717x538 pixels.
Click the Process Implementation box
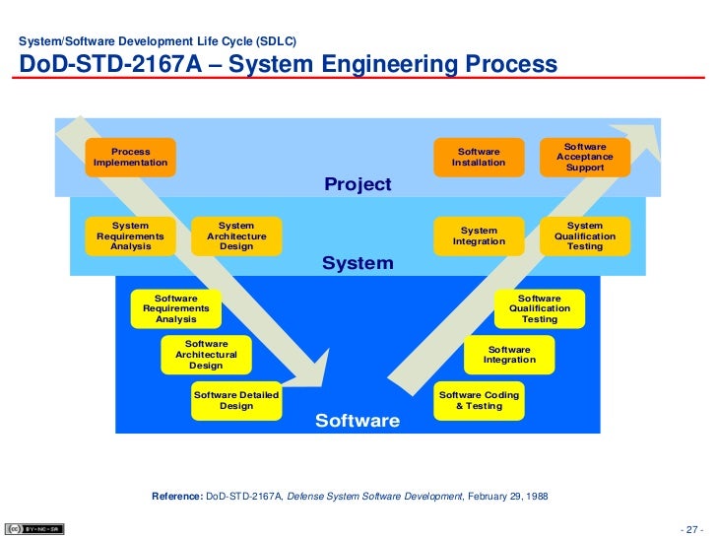pos(130,158)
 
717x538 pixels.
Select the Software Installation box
pos(479,158)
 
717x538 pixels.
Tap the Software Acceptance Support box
pos(585,157)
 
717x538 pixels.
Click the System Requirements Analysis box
pos(130,236)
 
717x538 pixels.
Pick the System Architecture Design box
pos(235,236)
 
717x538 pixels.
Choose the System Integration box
pos(479,236)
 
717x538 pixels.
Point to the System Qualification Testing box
pos(585,236)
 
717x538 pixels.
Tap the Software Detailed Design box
pos(235,400)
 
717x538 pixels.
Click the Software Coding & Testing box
pos(479,400)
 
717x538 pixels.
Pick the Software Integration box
pos(509,355)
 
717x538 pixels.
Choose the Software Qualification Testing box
pos(539,308)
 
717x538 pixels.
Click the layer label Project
pos(358,185)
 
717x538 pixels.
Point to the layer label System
pos(358,264)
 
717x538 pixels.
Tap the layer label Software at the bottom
pos(358,422)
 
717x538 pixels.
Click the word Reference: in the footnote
pos(177,496)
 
